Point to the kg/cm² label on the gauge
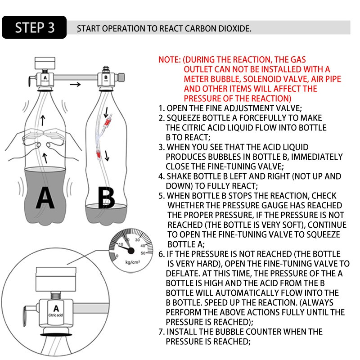coord(131,261)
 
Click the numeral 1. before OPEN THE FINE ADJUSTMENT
coord(161,108)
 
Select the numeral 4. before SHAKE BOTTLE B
coord(161,177)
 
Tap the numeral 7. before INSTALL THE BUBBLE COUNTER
coord(161,332)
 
